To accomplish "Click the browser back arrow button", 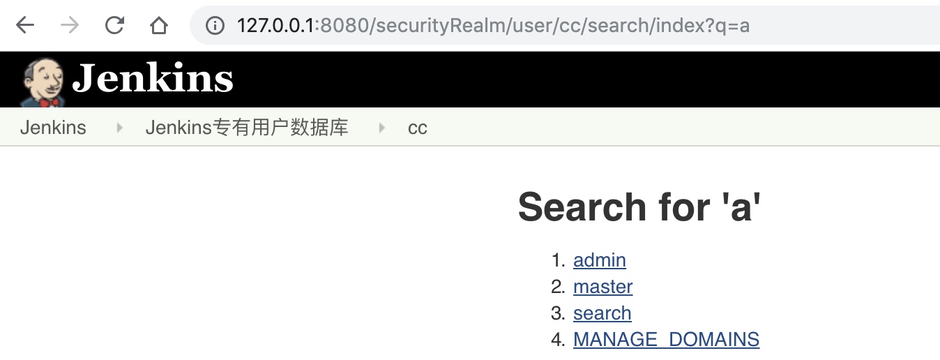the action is tap(25, 25).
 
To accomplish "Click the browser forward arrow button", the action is tap(70, 25).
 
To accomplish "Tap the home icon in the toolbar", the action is tap(158, 25).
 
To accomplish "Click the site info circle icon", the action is tap(215, 25).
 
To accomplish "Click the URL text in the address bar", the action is tap(493, 26).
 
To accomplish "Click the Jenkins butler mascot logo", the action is tap(43, 82).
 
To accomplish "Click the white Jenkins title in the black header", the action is tap(153, 77).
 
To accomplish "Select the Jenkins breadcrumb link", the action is tap(53, 127).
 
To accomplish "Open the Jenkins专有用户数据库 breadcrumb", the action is tap(247, 127).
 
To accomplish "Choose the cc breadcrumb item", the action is tap(417, 128).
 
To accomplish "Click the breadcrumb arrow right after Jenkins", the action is tap(120, 128).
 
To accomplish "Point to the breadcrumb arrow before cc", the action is tap(381, 128).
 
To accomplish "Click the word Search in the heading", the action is tap(582, 207).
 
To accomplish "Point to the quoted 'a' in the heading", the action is tap(741, 207).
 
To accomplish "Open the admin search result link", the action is tap(600, 260).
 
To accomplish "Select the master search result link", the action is tap(603, 287).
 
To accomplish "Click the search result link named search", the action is tap(602, 313).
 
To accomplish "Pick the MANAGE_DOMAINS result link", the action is tap(667, 339).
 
